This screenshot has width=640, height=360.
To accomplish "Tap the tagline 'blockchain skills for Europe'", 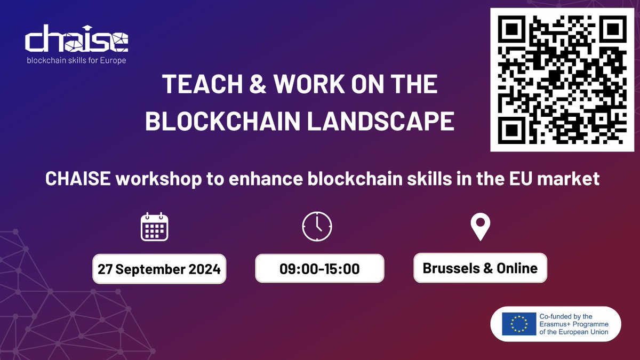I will click(x=76, y=60).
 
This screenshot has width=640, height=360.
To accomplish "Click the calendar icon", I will click(x=154, y=227).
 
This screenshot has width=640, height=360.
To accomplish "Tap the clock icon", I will click(x=317, y=227).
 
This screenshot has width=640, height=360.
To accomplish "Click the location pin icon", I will click(x=479, y=227).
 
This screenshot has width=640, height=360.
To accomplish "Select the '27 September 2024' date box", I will click(x=159, y=269).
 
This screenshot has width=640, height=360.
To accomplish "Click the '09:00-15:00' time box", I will click(x=319, y=268).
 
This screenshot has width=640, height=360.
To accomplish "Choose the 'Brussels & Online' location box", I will click(x=480, y=268).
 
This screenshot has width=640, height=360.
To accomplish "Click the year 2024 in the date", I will click(x=205, y=269).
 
